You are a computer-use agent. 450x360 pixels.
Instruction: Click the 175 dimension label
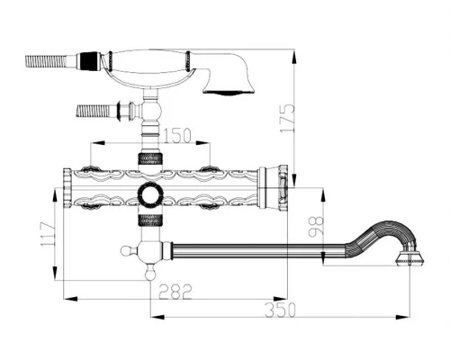(x=287, y=118)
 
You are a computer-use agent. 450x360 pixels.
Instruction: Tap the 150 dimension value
(x=177, y=135)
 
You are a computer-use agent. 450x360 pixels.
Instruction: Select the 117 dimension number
(x=49, y=234)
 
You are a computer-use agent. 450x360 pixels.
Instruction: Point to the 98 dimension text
(x=317, y=226)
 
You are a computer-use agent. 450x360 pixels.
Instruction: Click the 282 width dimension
(x=175, y=292)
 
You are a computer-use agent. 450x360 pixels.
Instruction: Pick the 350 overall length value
(x=281, y=310)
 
